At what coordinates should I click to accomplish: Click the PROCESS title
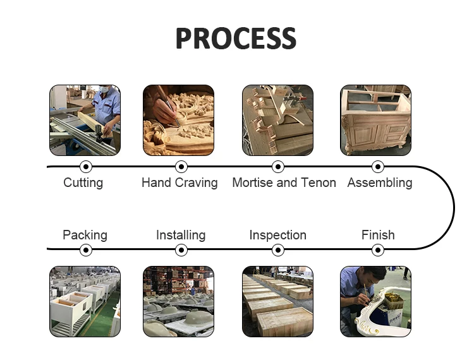pyautogui.click(x=236, y=39)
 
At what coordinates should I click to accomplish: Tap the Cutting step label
pyautogui.click(x=83, y=183)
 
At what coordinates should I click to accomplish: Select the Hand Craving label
pyautogui.click(x=179, y=183)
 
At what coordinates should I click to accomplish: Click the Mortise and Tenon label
pyautogui.click(x=284, y=183)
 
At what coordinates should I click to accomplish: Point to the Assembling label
pyautogui.click(x=379, y=183)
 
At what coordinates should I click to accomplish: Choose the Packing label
pyautogui.click(x=85, y=235)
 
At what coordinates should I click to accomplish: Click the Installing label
pyautogui.click(x=181, y=235)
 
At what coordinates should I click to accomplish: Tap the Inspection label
pyautogui.click(x=277, y=235)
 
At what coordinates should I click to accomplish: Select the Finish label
pyautogui.click(x=378, y=235)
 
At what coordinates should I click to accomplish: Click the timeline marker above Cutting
pyautogui.click(x=86, y=167)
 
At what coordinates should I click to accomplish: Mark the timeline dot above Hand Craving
pyautogui.click(x=181, y=167)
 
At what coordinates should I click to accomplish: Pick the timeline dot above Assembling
pyautogui.click(x=378, y=167)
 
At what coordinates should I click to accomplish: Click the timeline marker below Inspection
pyautogui.click(x=278, y=250)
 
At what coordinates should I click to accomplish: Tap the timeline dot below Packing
pyautogui.click(x=86, y=250)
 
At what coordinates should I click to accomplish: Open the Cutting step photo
pyautogui.click(x=85, y=120)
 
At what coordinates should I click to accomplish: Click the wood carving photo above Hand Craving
pyautogui.click(x=178, y=120)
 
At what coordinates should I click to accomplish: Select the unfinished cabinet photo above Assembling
pyautogui.click(x=375, y=120)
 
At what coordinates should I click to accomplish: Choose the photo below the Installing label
pyautogui.click(x=178, y=301)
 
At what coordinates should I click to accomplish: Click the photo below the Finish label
pyautogui.click(x=375, y=301)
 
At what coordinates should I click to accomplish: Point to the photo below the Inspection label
pyautogui.click(x=277, y=301)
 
